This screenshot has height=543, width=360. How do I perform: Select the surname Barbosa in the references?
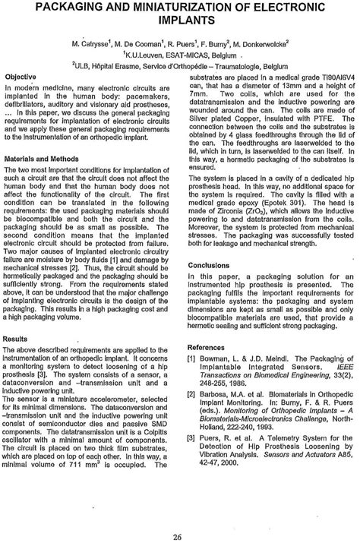[216, 419]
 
